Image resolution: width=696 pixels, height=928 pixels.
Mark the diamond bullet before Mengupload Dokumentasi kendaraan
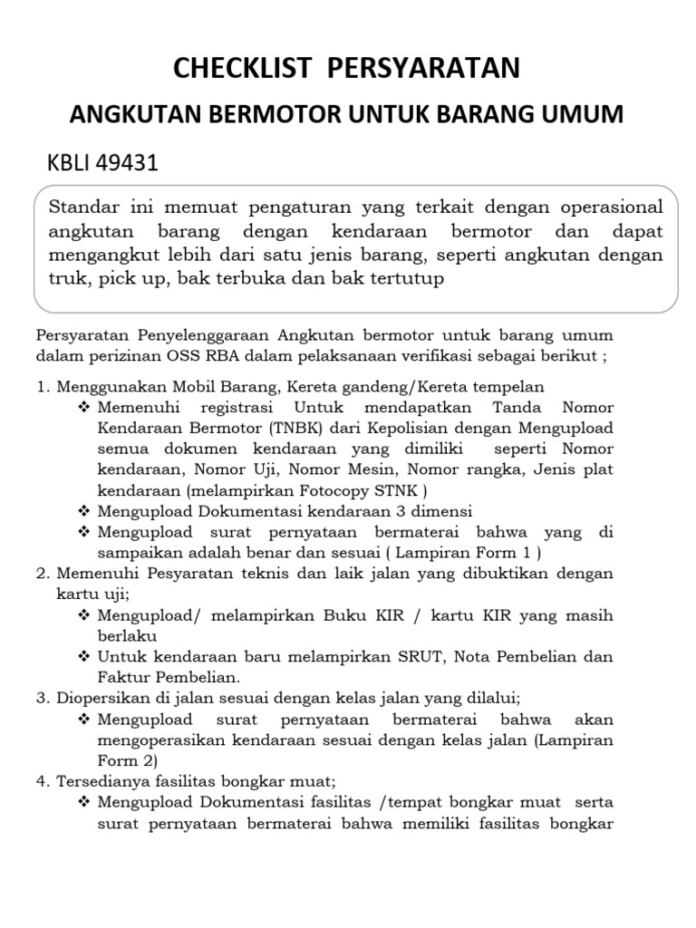click(85, 511)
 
